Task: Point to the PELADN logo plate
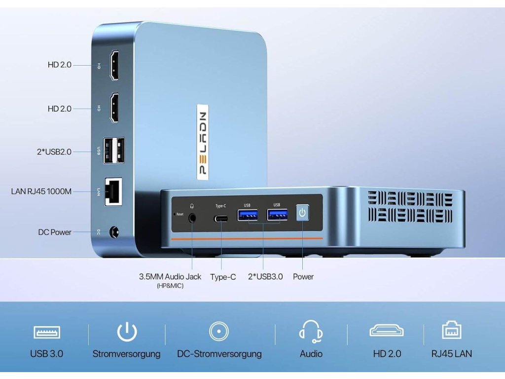tap(204, 140)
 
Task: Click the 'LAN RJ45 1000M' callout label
tap(41, 191)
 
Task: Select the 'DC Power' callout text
tap(55, 232)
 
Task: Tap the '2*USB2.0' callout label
tap(54, 152)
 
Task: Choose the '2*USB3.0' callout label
tap(265, 277)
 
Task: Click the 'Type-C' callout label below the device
tap(223, 277)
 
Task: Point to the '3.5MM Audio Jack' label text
tap(170, 277)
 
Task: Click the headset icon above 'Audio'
tap(311, 331)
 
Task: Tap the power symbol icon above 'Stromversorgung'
tap(127, 332)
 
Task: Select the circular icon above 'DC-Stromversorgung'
tap(219, 331)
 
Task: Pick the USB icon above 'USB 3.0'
tap(47, 332)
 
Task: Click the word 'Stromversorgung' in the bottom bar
tap(126, 354)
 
